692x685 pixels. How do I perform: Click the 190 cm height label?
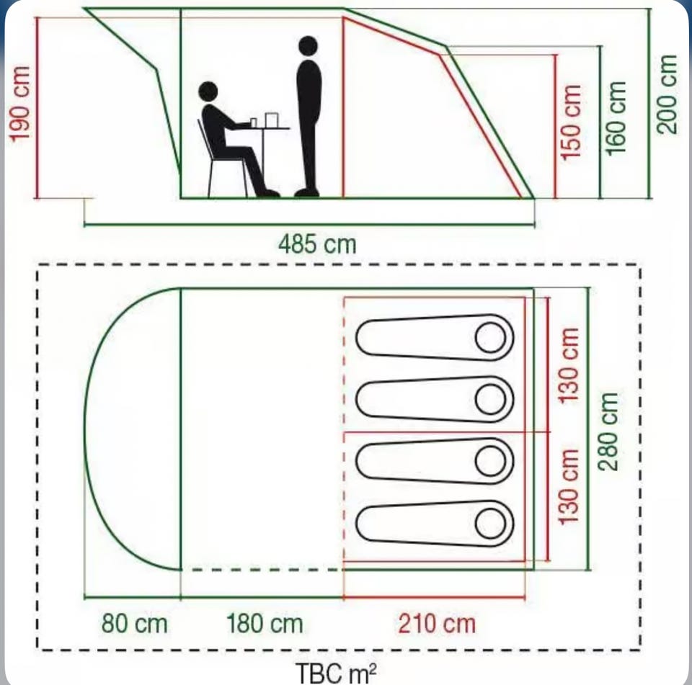(20, 104)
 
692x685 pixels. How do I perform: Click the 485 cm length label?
(317, 244)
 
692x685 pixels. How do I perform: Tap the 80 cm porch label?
(135, 624)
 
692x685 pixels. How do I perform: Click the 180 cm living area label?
(265, 624)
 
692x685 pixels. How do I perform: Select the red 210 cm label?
(437, 624)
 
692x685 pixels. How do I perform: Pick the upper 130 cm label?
(569, 365)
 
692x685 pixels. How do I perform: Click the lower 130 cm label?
(569, 487)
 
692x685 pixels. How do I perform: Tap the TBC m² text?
(337, 673)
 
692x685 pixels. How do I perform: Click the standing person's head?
(308, 46)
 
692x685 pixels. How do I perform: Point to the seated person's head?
(208, 91)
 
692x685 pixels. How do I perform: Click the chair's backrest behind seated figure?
(204, 140)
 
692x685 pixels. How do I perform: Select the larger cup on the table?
(272, 120)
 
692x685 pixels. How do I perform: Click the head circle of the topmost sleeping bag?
(490, 337)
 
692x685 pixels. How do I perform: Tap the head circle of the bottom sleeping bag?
(490, 524)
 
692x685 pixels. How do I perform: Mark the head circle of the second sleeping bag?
(490, 399)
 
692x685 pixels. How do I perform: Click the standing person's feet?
(307, 193)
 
